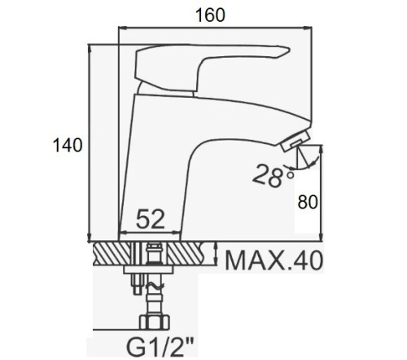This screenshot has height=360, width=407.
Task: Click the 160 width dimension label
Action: pos(210,15)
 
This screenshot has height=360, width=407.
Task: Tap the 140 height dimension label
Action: pos(68,145)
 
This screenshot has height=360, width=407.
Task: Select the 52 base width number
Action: pos(151,219)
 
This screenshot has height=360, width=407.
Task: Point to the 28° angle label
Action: pos(273,176)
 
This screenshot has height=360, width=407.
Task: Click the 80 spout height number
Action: pos(308,202)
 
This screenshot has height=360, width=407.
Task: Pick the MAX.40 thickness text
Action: pos(274,261)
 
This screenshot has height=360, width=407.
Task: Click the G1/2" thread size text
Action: pos(160,347)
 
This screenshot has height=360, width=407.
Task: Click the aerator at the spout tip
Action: pos(295,141)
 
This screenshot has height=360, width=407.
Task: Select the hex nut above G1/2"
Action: pos(155,322)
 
